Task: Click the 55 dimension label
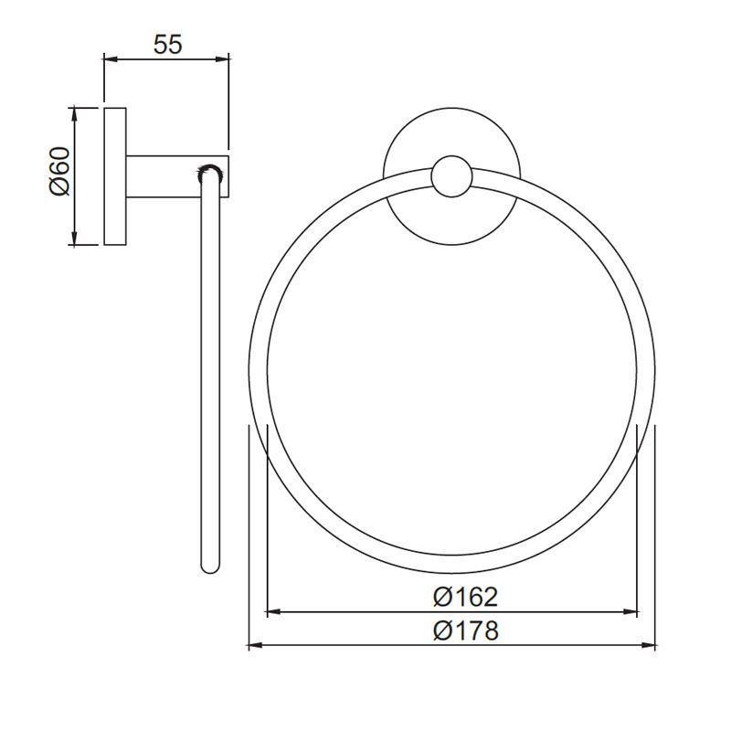tap(166, 45)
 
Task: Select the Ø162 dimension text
tap(466, 598)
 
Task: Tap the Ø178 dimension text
tap(466, 630)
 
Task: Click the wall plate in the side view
tap(115, 176)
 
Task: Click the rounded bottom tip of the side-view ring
tap(210, 568)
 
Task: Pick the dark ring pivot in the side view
tap(210, 171)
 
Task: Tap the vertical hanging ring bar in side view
tap(210, 365)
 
